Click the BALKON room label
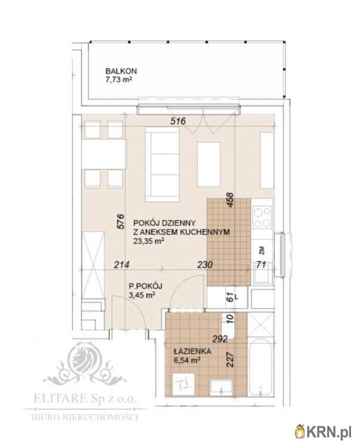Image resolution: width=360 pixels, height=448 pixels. click(121, 71)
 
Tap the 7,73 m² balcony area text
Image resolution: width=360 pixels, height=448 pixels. click(119, 79)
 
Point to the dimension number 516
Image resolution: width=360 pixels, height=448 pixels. click(178, 121)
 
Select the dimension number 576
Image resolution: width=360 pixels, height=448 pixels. click(121, 221)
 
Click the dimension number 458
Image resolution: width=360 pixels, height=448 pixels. click(230, 200)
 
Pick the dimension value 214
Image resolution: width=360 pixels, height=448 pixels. click(122, 265)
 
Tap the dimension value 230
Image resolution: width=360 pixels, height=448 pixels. click(205, 265)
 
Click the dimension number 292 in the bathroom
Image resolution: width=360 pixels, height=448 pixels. click(220, 339)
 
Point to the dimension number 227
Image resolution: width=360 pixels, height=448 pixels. click(230, 360)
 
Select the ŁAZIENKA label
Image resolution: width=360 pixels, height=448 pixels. click(192, 351)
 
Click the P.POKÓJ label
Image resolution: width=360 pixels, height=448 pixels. click(146, 286)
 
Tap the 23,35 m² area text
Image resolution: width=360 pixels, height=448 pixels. click(149, 241)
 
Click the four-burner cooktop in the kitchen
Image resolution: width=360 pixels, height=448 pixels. click(262, 217)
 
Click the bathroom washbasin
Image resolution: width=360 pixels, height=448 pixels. click(221, 388)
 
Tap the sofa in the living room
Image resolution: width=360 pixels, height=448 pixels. click(162, 164)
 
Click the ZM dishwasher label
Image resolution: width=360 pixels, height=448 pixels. click(262, 250)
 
